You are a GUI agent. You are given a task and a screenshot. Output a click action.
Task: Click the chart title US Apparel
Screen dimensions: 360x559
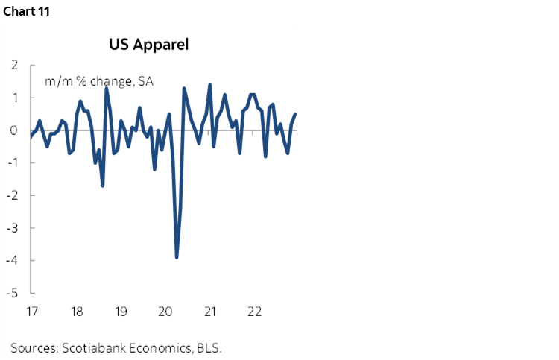(149, 45)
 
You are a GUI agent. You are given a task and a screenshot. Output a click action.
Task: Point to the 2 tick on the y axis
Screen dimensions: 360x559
(15, 66)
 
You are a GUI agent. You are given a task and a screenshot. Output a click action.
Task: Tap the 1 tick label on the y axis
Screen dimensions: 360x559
(15, 98)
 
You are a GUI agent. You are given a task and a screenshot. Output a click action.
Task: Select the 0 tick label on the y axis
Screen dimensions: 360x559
(15, 130)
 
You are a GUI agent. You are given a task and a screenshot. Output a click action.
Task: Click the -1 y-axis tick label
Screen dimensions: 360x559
(13, 163)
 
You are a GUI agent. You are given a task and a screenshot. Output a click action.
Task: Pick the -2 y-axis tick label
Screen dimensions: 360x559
(13, 195)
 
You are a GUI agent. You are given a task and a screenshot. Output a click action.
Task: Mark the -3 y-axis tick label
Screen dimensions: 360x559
(13, 228)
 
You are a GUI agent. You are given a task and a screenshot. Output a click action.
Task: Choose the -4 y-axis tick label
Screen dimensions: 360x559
(13, 261)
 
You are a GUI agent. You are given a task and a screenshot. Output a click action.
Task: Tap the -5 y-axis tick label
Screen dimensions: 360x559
(13, 293)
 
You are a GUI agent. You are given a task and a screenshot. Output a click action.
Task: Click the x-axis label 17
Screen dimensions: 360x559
(31, 310)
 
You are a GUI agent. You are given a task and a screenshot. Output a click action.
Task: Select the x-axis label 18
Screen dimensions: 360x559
(76, 310)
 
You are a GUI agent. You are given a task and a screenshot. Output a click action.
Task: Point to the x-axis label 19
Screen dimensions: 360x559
(120, 310)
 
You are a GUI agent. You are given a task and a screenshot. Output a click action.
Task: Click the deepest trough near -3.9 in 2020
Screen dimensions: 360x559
(177, 257)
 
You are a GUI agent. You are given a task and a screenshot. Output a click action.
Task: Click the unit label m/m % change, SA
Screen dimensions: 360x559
(99, 82)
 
